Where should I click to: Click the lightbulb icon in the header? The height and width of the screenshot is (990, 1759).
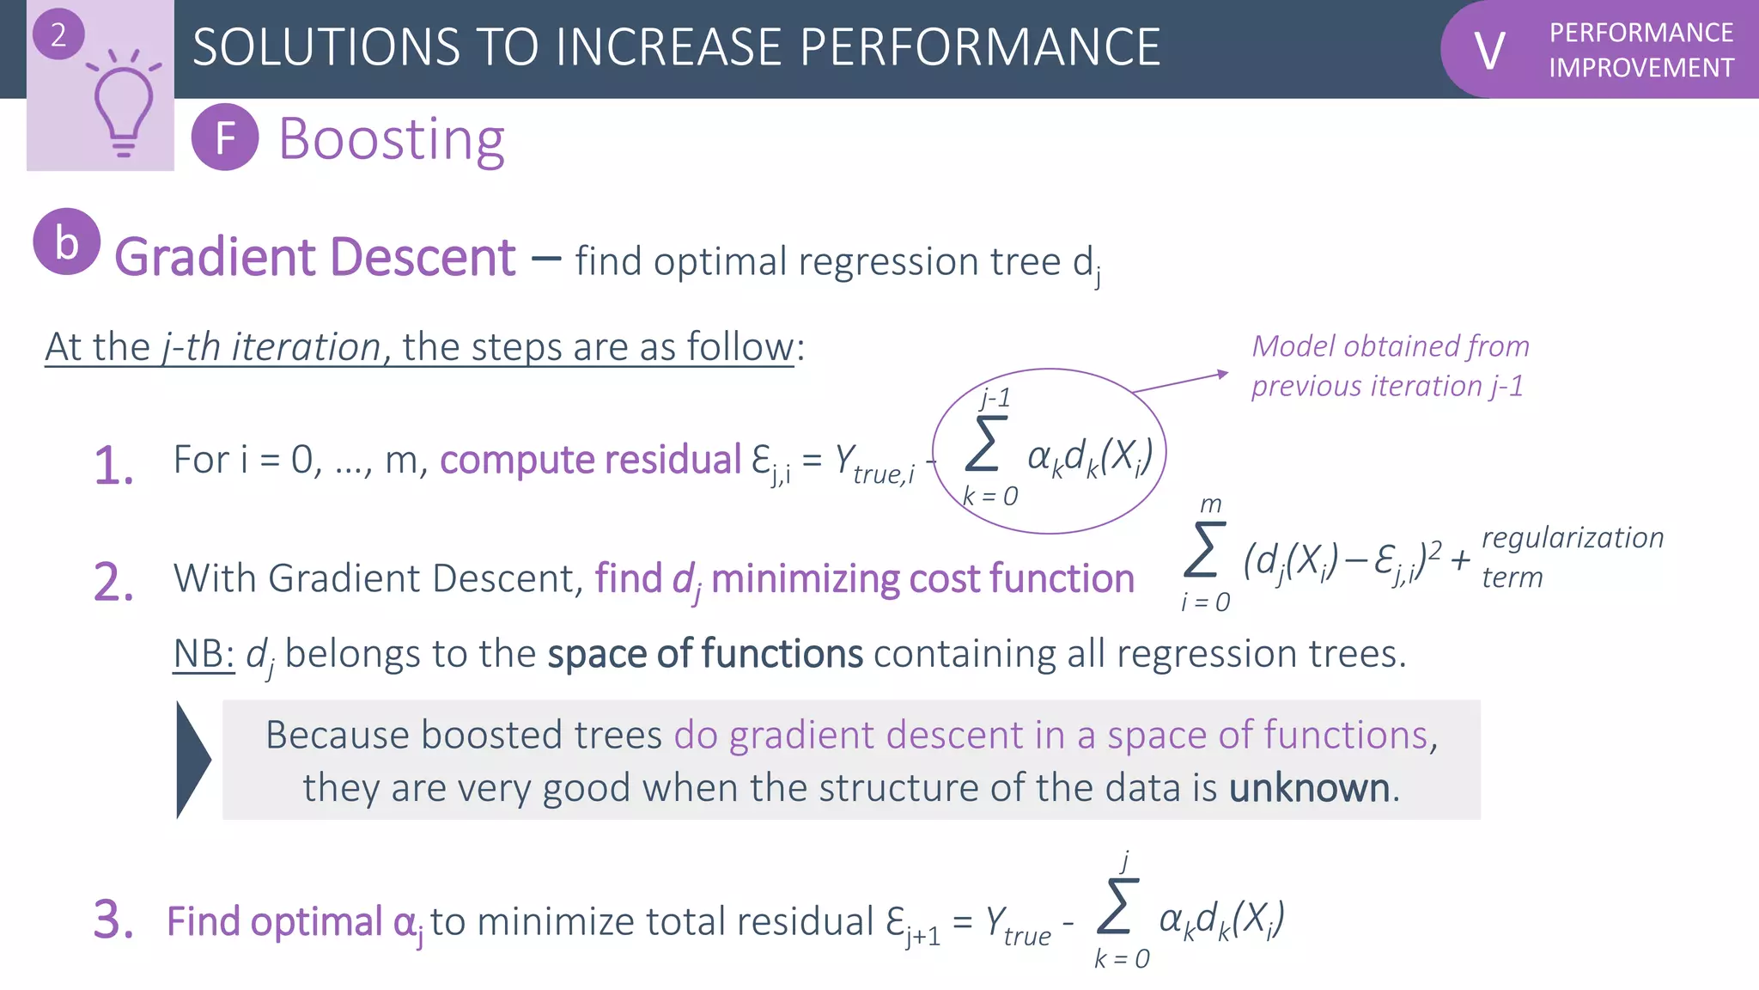point(123,103)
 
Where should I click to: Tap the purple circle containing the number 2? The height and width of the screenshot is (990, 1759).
point(58,35)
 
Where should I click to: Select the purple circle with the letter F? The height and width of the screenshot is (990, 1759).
point(225,137)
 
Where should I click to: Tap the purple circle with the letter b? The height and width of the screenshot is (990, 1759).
point(67,242)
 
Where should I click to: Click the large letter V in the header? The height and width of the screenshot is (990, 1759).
point(1489,51)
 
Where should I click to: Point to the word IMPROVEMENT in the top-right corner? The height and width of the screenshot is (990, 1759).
point(1640,68)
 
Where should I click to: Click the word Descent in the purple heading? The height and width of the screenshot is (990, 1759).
point(423,257)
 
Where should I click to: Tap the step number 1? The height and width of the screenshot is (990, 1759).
point(113,467)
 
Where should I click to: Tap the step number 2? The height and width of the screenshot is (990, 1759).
point(113,583)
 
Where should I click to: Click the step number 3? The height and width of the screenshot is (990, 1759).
point(113,920)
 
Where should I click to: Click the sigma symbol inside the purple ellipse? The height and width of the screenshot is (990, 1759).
point(984,444)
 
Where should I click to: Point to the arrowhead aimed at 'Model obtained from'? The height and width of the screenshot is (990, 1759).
point(1222,374)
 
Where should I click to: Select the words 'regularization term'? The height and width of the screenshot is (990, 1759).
point(1572,557)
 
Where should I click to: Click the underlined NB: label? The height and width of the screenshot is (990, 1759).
point(204,654)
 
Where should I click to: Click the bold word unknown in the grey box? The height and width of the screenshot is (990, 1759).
point(1309,788)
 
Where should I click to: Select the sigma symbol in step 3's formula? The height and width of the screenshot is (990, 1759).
point(1117,906)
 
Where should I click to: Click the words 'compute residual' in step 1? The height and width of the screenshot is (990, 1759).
point(590,460)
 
